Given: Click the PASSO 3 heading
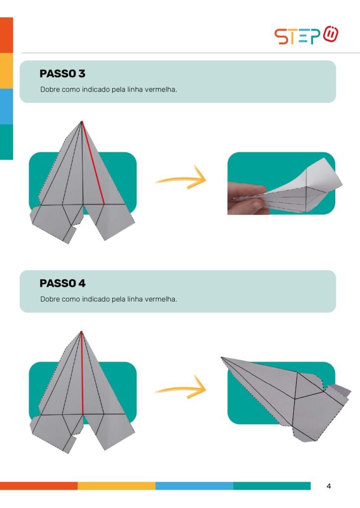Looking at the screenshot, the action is tap(62, 73).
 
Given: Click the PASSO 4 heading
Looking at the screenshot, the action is tap(62, 283).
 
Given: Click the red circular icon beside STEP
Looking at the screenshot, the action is tap(331, 34).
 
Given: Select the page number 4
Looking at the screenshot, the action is tap(329, 486).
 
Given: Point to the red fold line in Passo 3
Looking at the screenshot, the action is tap(93, 163).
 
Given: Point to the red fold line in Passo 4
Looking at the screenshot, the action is tap(82, 373).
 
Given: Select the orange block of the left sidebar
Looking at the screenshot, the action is tap(6, 35).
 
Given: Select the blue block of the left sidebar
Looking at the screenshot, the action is tap(6, 106).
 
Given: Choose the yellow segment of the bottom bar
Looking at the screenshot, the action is tap(116, 486).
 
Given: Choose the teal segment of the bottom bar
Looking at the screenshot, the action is tap(272, 486).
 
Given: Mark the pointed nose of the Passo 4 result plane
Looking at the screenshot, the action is tap(221, 357).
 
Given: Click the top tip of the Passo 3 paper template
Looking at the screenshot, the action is tap(81, 122).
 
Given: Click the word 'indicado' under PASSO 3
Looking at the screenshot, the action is tap(96, 89).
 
